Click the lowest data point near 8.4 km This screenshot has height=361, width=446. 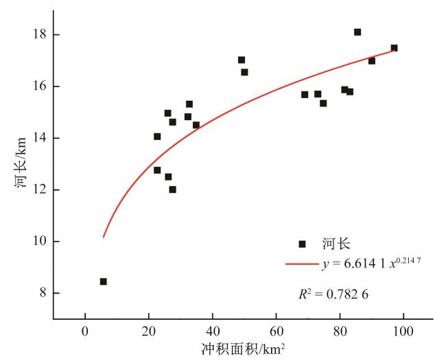pyautogui.click(x=103, y=281)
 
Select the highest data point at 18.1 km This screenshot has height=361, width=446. pyautogui.click(x=357, y=32)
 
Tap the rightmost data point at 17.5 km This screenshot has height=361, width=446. pyautogui.click(x=394, y=48)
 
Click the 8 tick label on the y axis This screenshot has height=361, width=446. pyautogui.click(x=43, y=293)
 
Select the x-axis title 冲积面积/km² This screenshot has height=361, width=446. pyautogui.click(x=244, y=349)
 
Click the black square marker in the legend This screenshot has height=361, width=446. pyautogui.click(x=302, y=244)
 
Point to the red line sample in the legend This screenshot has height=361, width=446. pyautogui.click(x=303, y=264)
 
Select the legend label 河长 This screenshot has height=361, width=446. pyautogui.click(x=335, y=244)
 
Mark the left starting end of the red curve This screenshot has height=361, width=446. pyautogui.click(x=103, y=237)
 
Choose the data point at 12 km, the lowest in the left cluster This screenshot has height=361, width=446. pyautogui.click(x=172, y=189)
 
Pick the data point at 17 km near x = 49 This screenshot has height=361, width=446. pyautogui.click(x=242, y=60)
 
